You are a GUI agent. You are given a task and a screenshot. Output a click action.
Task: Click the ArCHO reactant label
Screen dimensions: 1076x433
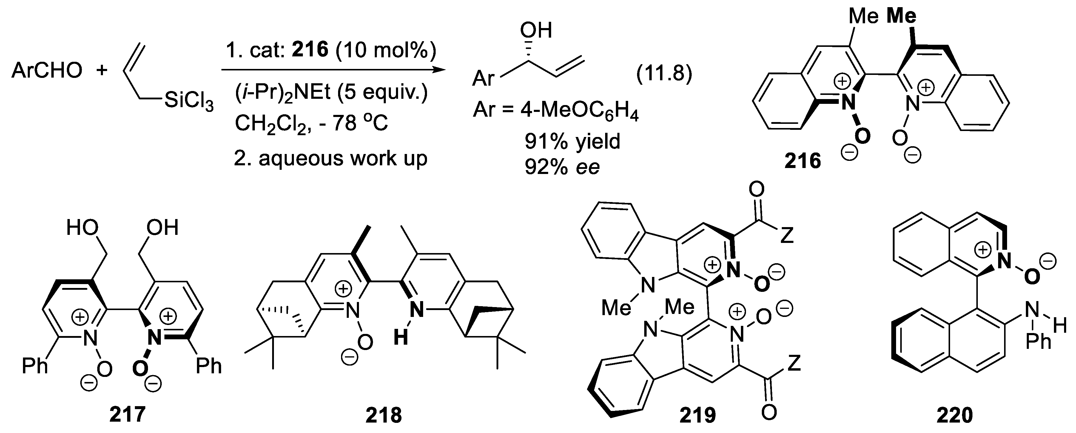tap(47, 70)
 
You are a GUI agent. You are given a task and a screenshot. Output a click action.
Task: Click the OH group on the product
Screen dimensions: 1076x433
tap(536, 30)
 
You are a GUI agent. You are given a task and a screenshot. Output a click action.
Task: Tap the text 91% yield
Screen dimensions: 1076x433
tap(572, 141)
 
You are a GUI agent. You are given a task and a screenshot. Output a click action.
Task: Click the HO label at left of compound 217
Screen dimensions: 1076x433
tap(82, 228)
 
